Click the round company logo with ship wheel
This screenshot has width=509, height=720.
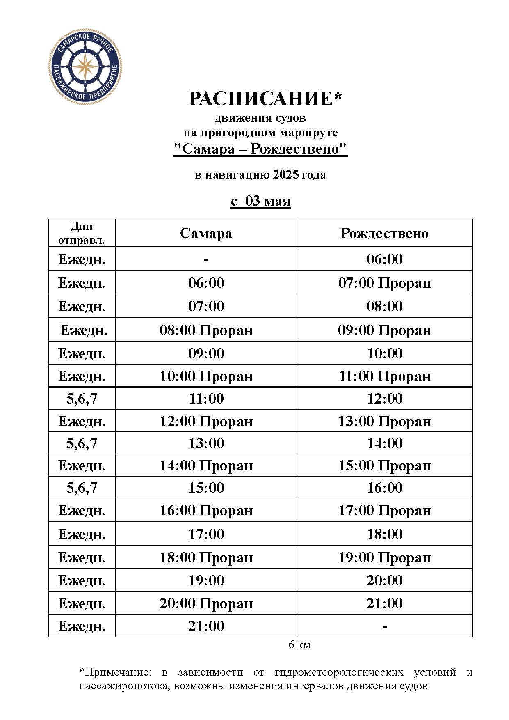coord(85,66)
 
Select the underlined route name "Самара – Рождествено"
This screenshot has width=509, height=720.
coord(260,149)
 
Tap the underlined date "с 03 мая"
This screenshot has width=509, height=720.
coord(260,201)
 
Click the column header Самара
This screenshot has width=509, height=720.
coord(206,233)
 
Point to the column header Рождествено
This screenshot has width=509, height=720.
coord(384,233)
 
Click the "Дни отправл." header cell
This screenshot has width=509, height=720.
coord(82,233)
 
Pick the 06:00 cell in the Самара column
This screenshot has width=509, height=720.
coord(206,283)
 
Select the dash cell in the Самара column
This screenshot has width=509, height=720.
coord(206,259)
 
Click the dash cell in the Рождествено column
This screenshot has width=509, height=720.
coord(384,626)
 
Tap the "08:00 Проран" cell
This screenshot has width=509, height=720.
coord(206,330)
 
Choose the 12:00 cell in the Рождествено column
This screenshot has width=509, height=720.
coord(384,398)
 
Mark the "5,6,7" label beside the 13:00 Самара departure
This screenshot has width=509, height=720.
coord(82,443)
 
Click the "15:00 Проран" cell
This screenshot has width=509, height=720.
coord(384,465)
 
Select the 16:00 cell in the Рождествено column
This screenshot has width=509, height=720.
coord(384,488)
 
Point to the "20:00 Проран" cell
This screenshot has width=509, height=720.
coord(206,603)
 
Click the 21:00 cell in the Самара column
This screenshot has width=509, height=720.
coord(206,626)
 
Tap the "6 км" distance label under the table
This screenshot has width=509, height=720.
coord(299,645)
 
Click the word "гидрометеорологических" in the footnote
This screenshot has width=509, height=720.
coord(339,672)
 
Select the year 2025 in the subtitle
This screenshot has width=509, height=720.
coord(285,175)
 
